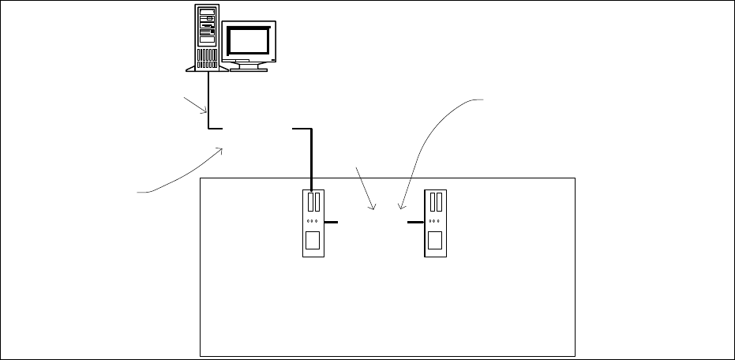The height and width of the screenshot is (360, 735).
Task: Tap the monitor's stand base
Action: (249, 68)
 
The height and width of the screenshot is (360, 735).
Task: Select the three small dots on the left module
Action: (313, 222)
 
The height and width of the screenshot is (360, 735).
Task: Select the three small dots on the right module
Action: (434, 222)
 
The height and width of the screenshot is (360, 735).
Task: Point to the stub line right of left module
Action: (330, 223)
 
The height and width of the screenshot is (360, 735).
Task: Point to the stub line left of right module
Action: (415, 223)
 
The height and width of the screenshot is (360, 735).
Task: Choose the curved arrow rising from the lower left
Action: (186, 175)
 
